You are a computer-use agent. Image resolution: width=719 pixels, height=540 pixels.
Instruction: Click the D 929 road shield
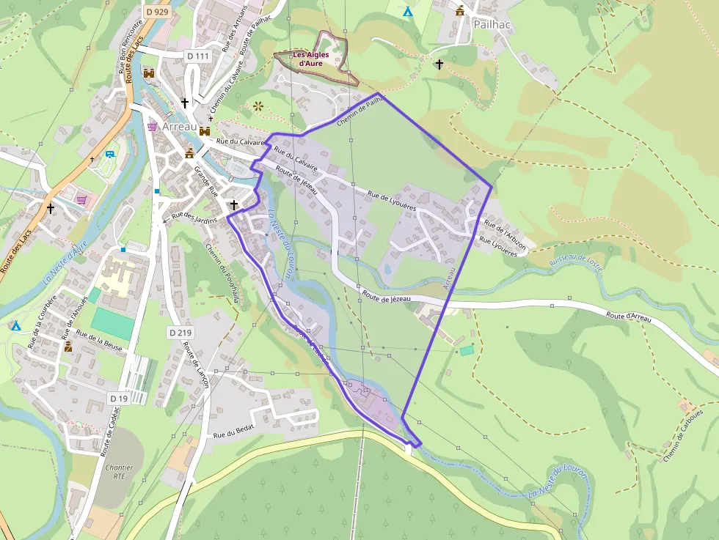pyautogui.click(x=156, y=11)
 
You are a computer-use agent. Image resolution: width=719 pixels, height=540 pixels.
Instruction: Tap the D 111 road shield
pyautogui.click(x=197, y=56)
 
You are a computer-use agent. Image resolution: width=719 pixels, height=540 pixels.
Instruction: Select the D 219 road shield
pyautogui.click(x=180, y=333)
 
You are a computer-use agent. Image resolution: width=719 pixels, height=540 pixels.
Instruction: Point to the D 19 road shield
pyautogui.click(x=118, y=398)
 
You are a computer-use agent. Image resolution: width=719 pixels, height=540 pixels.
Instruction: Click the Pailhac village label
pyautogui.click(x=491, y=23)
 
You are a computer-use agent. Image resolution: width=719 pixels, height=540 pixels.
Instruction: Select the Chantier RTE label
pyautogui.click(x=119, y=471)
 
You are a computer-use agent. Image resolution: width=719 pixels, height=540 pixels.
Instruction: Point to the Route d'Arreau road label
pyautogui.click(x=629, y=316)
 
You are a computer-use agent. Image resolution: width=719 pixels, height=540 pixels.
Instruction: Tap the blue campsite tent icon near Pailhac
pyautogui.click(x=409, y=11)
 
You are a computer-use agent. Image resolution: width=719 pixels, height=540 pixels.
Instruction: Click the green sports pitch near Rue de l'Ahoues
pyautogui.click(x=112, y=323)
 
